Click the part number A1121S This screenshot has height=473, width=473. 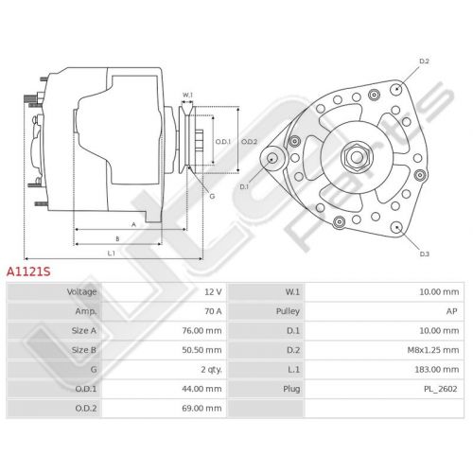28,272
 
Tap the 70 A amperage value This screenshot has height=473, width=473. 213,311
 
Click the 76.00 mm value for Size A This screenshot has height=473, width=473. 201,331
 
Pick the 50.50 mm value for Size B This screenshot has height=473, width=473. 201,350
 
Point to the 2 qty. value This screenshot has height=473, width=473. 212,370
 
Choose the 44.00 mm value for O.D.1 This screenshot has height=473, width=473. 201,389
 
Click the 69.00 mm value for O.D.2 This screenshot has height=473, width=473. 201,409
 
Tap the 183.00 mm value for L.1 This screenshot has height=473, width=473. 437,370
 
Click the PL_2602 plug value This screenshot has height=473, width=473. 441,389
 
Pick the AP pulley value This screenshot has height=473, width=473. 452,311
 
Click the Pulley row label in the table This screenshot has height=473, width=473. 288,311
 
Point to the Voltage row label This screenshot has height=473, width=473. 81,292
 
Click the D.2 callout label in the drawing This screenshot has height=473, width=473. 424,61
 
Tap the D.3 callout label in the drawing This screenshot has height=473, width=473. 425,254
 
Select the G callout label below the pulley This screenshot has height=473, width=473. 212,196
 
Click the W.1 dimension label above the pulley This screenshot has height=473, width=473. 187,95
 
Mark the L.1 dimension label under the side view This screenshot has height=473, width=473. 112,254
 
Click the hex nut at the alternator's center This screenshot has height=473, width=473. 357,157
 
